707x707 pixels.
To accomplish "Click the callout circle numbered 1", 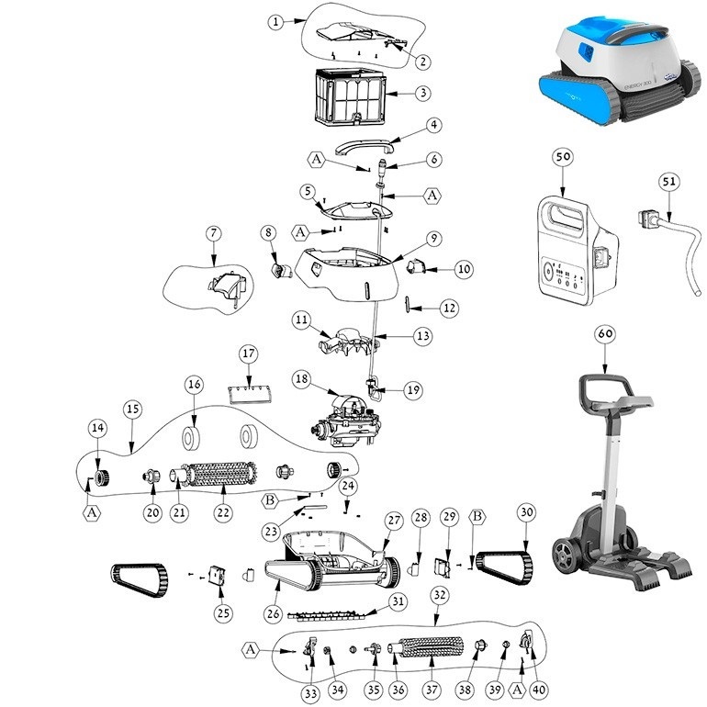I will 275,23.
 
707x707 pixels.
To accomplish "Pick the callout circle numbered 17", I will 247,353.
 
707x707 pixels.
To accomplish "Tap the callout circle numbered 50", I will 563,157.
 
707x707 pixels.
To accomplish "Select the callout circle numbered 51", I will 670,182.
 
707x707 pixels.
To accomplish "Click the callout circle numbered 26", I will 273,612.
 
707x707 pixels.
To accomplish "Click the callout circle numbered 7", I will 212,234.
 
